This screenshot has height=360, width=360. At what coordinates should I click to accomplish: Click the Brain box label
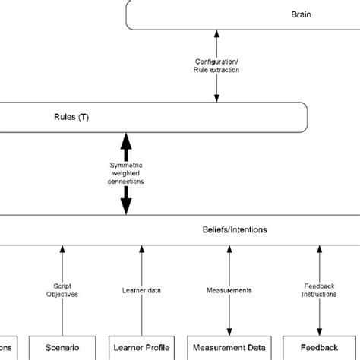coord(301,14)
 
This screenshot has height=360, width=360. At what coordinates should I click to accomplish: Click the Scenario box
coord(62,346)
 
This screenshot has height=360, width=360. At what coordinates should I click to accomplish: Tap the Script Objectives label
coord(62,292)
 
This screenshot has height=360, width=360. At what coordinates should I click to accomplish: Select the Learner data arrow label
coord(139,290)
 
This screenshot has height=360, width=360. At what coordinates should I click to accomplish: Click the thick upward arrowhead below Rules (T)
coord(126,141)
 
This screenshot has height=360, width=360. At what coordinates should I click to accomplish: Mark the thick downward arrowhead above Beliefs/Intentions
coord(126,207)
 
